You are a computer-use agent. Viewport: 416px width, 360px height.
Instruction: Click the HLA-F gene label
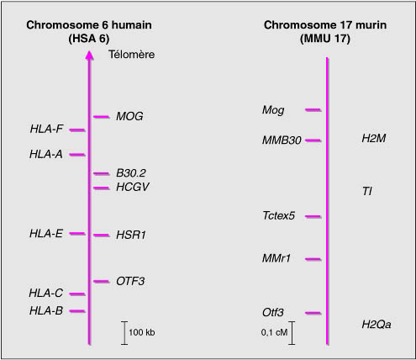coord(46,129)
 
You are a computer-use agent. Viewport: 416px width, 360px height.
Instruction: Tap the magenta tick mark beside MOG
coord(102,117)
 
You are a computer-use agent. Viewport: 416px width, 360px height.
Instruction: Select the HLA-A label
coord(46,154)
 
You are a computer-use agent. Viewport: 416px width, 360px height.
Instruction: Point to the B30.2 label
coord(131,173)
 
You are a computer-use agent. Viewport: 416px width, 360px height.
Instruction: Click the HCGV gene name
coord(133,187)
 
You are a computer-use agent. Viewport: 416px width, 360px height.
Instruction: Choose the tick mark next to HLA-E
coord(77,233)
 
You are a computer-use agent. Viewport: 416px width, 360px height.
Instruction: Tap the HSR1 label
coord(131,235)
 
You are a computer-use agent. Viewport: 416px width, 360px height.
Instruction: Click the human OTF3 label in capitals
coord(130,281)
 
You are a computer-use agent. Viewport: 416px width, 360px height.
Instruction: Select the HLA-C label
coord(45,293)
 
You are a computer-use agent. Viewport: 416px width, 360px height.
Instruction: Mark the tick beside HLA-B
coord(77,311)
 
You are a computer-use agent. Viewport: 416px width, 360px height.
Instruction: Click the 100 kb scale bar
coord(124,333)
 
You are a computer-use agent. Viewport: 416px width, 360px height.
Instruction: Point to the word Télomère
coord(131,55)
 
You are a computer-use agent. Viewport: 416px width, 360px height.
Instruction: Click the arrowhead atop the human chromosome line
coord(89,55)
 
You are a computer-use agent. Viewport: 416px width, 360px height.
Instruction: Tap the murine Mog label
coord(273,110)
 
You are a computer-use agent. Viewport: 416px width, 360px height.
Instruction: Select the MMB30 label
coord(282,140)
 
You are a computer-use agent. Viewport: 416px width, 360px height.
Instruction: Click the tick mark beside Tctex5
coord(313,216)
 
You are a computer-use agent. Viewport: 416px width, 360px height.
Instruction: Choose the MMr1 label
coord(276,258)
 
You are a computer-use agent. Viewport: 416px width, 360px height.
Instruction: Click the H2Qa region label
coord(377,325)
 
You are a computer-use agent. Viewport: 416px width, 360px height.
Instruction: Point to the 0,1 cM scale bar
coord(292,333)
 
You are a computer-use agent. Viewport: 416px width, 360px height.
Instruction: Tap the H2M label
coord(374,138)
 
